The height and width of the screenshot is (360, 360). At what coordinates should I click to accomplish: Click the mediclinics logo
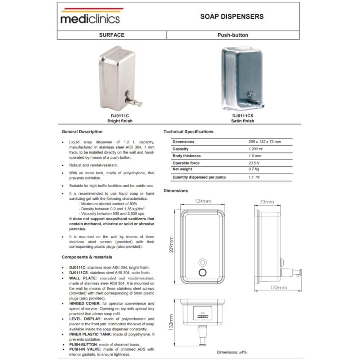(90, 17)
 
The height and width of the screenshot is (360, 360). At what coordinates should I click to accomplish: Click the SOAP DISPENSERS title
(232, 17)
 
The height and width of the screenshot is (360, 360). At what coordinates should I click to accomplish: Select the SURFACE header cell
(112, 35)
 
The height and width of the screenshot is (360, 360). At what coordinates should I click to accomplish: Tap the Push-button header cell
(233, 35)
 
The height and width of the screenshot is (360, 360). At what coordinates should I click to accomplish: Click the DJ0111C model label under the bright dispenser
(120, 116)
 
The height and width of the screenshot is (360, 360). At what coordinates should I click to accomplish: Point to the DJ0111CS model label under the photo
(242, 116)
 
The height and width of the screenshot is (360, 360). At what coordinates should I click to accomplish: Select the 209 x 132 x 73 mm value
(265, 142)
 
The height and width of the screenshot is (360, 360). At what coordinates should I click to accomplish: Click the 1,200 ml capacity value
(256, 149)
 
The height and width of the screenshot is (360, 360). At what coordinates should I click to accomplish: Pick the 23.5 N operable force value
(254, 163)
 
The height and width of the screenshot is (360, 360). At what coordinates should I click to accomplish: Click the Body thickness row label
(186, 156)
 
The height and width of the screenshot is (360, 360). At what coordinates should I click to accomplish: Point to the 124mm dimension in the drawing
(203, 201)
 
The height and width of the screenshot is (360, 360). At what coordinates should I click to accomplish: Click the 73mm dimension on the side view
(267, 202)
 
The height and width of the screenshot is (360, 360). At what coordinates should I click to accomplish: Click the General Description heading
(82, 132)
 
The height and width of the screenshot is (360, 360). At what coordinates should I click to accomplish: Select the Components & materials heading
(87, 257)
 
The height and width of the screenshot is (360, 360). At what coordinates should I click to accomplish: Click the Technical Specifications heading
(188, 132)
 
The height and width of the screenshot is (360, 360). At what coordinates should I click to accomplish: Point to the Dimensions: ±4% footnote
(231, 352)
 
